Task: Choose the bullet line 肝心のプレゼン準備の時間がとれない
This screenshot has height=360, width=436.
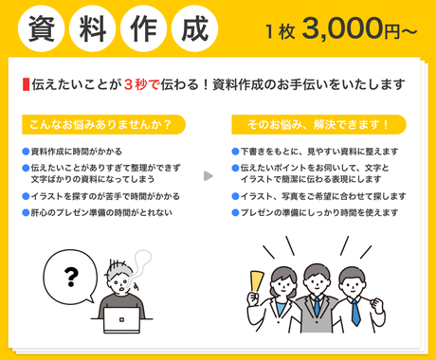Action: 98,213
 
